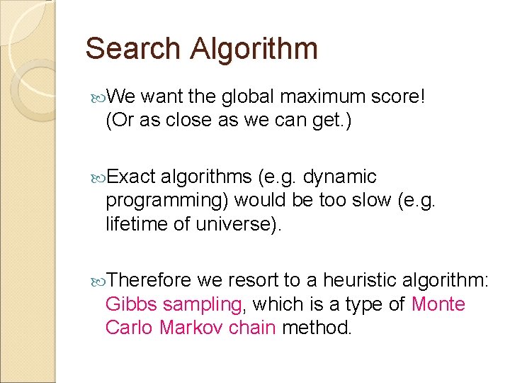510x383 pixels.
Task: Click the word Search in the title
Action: point(132,49)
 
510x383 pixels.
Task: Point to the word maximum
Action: point(314,96)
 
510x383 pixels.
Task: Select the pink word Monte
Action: point(438,305)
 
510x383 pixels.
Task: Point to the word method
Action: point(316,329)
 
